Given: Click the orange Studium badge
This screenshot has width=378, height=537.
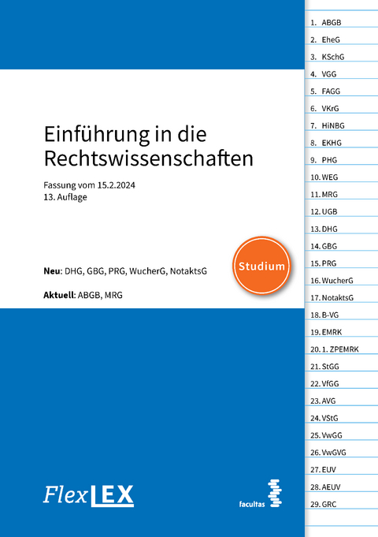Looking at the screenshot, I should click(261, 266).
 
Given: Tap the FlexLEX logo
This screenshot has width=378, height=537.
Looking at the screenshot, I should click(88, 496).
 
